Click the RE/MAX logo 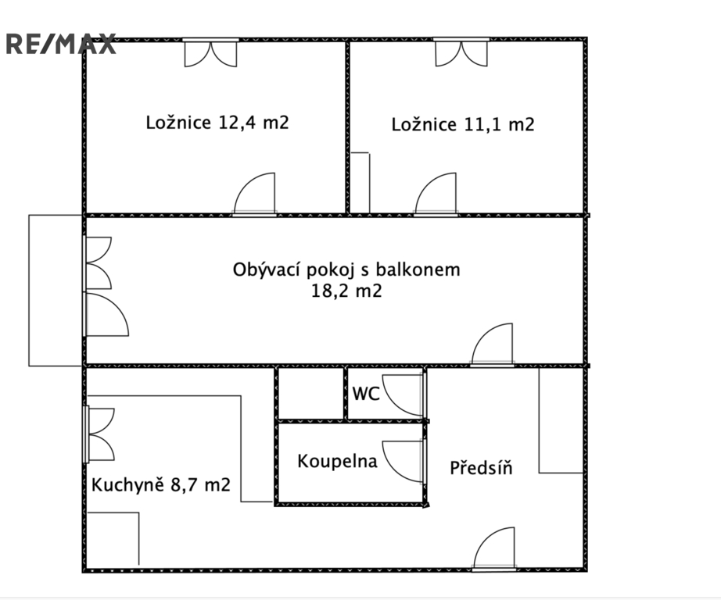(61, 44)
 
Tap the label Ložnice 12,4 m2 (217, 123)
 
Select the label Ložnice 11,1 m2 (463, 124)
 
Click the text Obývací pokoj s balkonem (346, 270)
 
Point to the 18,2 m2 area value (346, 291)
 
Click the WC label (366, 394)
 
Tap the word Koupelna (337, 461)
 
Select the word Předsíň (481, 468)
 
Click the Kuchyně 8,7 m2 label (161, 484)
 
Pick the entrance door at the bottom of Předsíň (494, 548)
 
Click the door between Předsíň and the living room (492, 345)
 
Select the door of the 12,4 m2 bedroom (255, 195)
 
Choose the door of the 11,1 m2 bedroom (436, 195)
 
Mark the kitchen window (99, 434)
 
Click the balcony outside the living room (56, 291)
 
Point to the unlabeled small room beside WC (311, 393)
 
